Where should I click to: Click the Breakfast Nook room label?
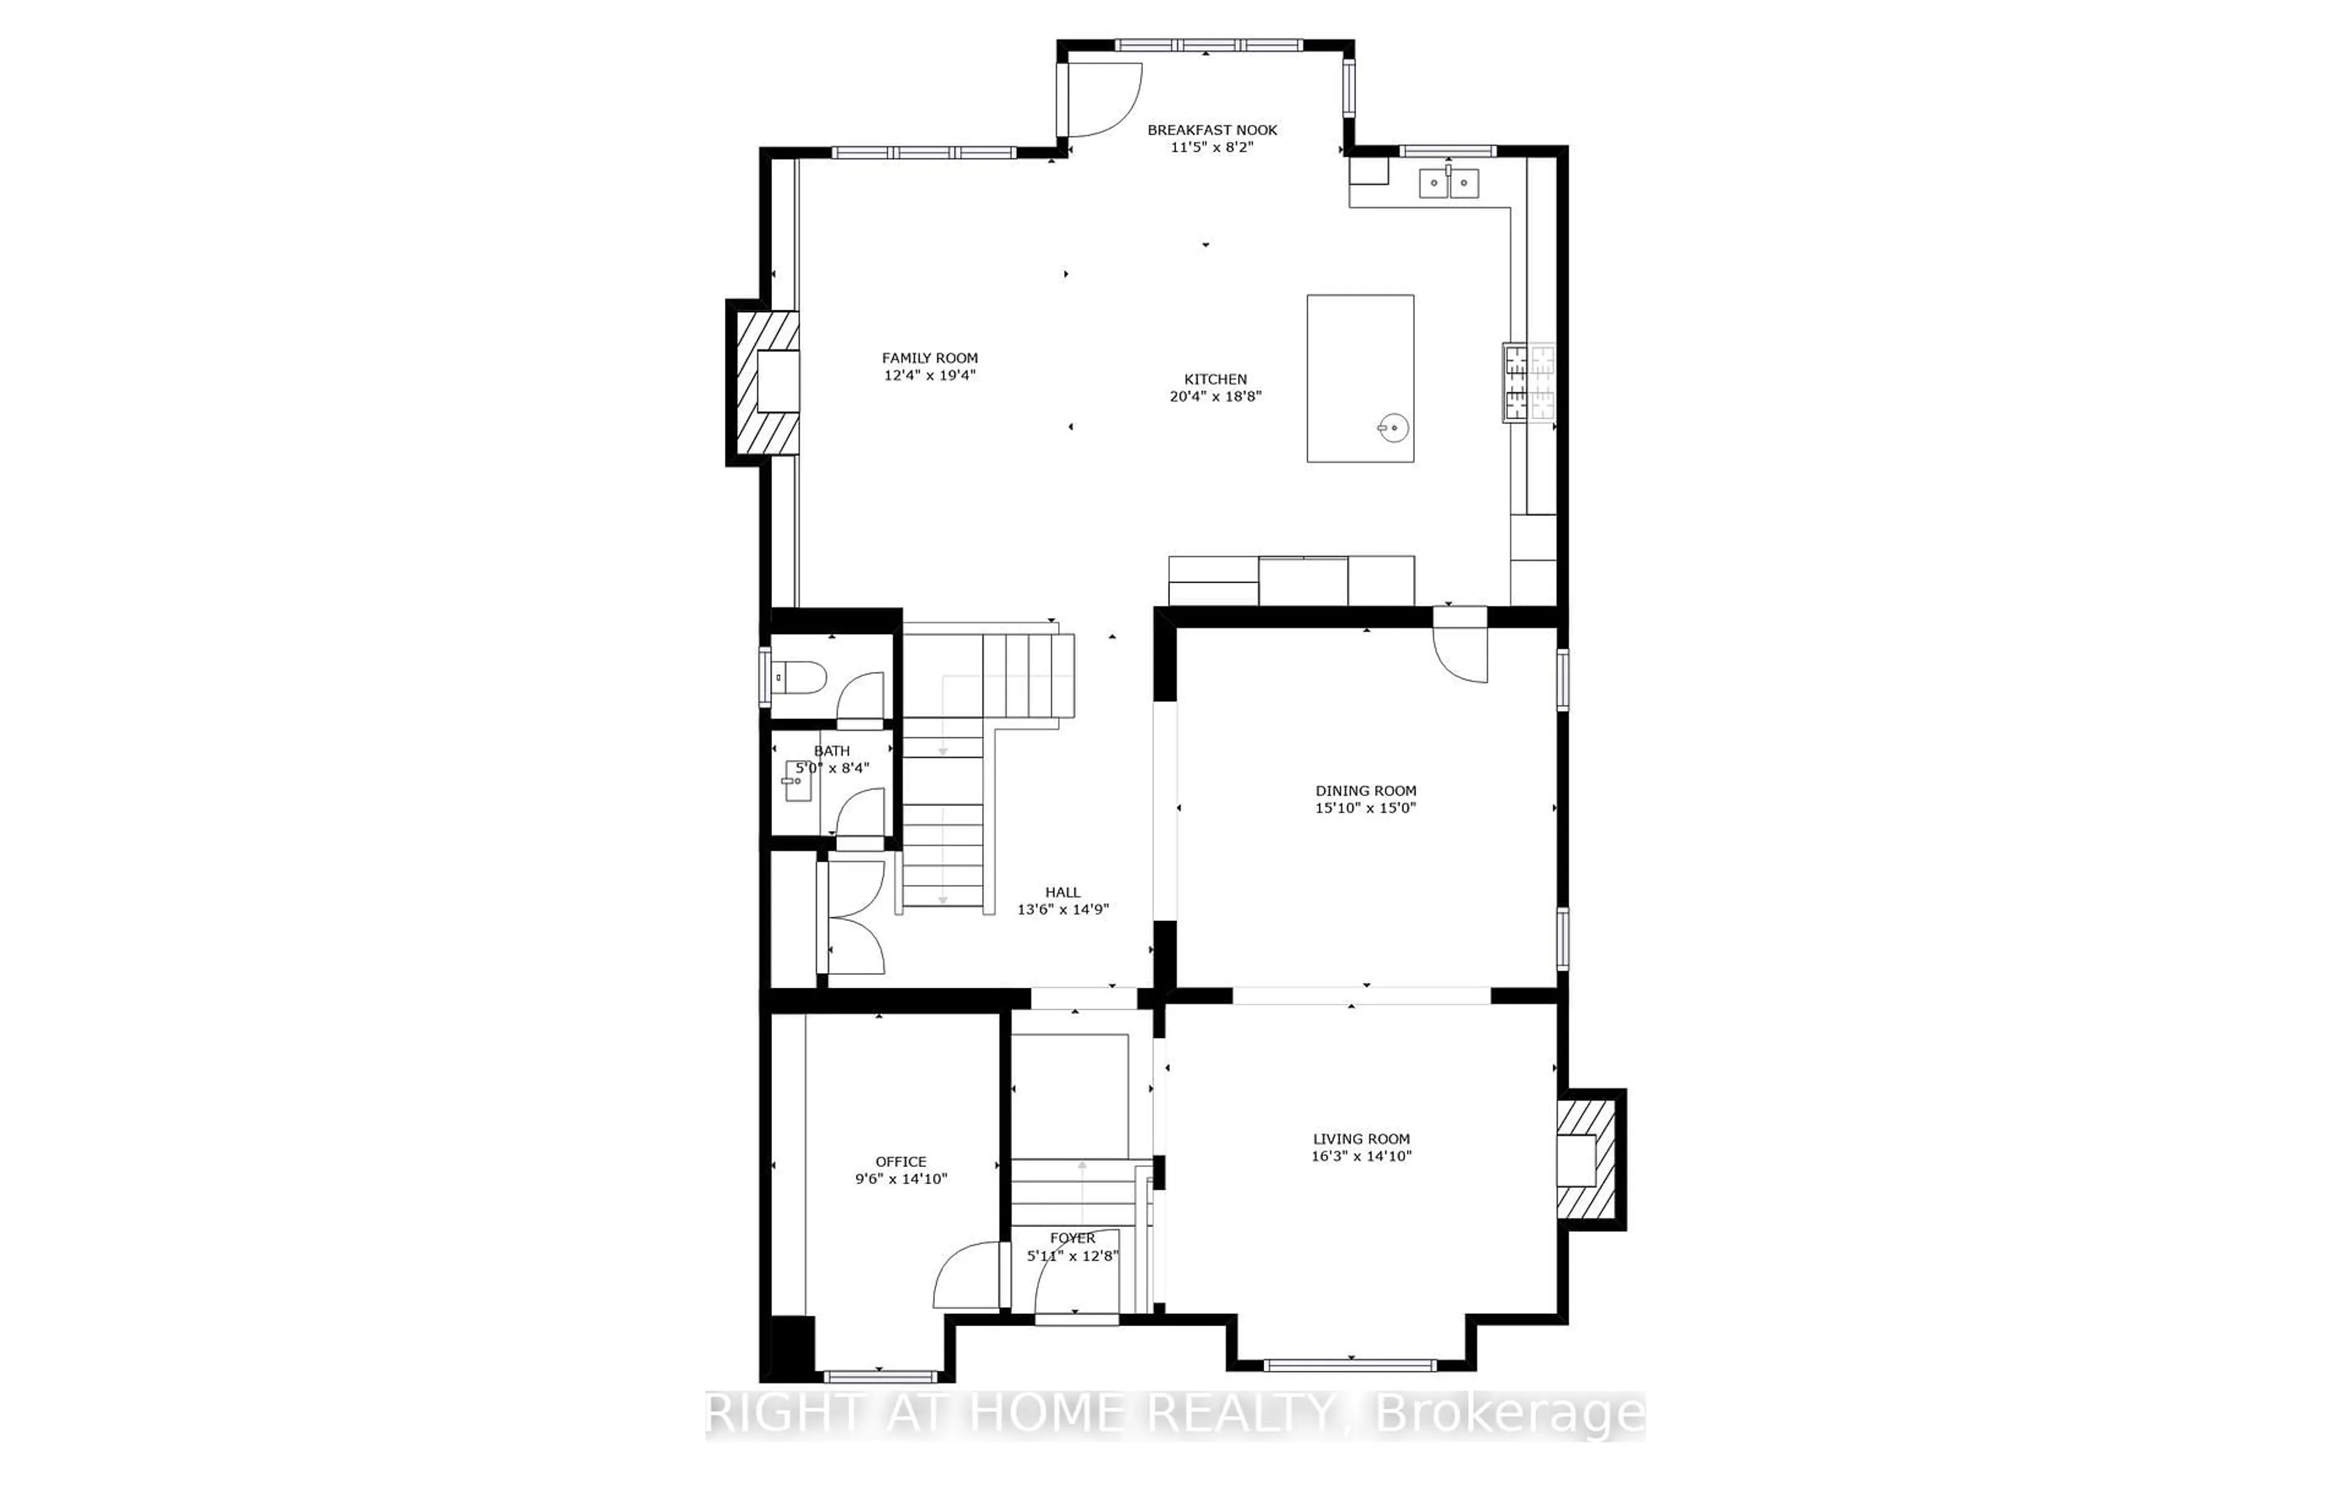point(1212,130)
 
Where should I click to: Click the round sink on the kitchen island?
point(1393,428)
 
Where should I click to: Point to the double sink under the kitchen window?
point(1449,182)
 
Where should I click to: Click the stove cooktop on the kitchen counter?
point(1529,384)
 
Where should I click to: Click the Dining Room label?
point(1365,791)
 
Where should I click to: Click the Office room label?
point(900,1162)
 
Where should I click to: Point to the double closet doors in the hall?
point(855,917)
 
